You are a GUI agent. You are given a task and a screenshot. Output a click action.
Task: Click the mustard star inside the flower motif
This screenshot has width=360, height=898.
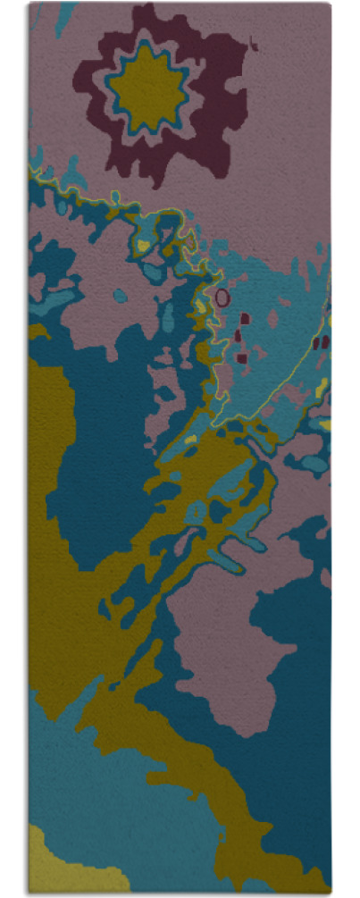point(147,88)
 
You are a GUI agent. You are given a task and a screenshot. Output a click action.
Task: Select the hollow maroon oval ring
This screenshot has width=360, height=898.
point(222,295)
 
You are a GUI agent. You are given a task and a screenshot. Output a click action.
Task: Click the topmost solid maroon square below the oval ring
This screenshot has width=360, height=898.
point(245,318)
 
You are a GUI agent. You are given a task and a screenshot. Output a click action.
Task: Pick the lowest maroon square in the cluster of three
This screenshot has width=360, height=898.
point(241,357)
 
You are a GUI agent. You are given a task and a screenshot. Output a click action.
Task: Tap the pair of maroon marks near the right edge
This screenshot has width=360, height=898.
point(322,340)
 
